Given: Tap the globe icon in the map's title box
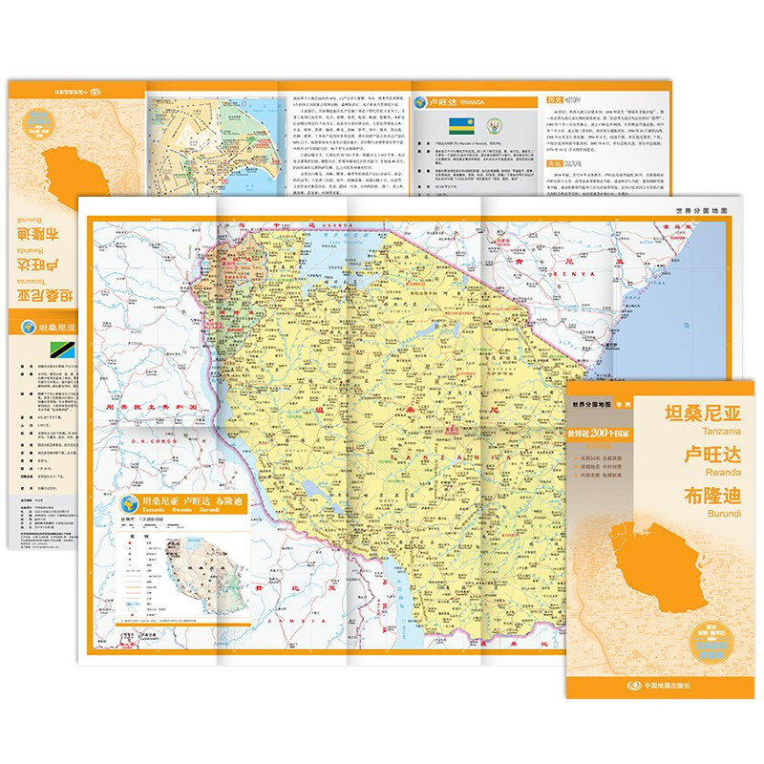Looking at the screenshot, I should pyautogui.click(x=127, y=502).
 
